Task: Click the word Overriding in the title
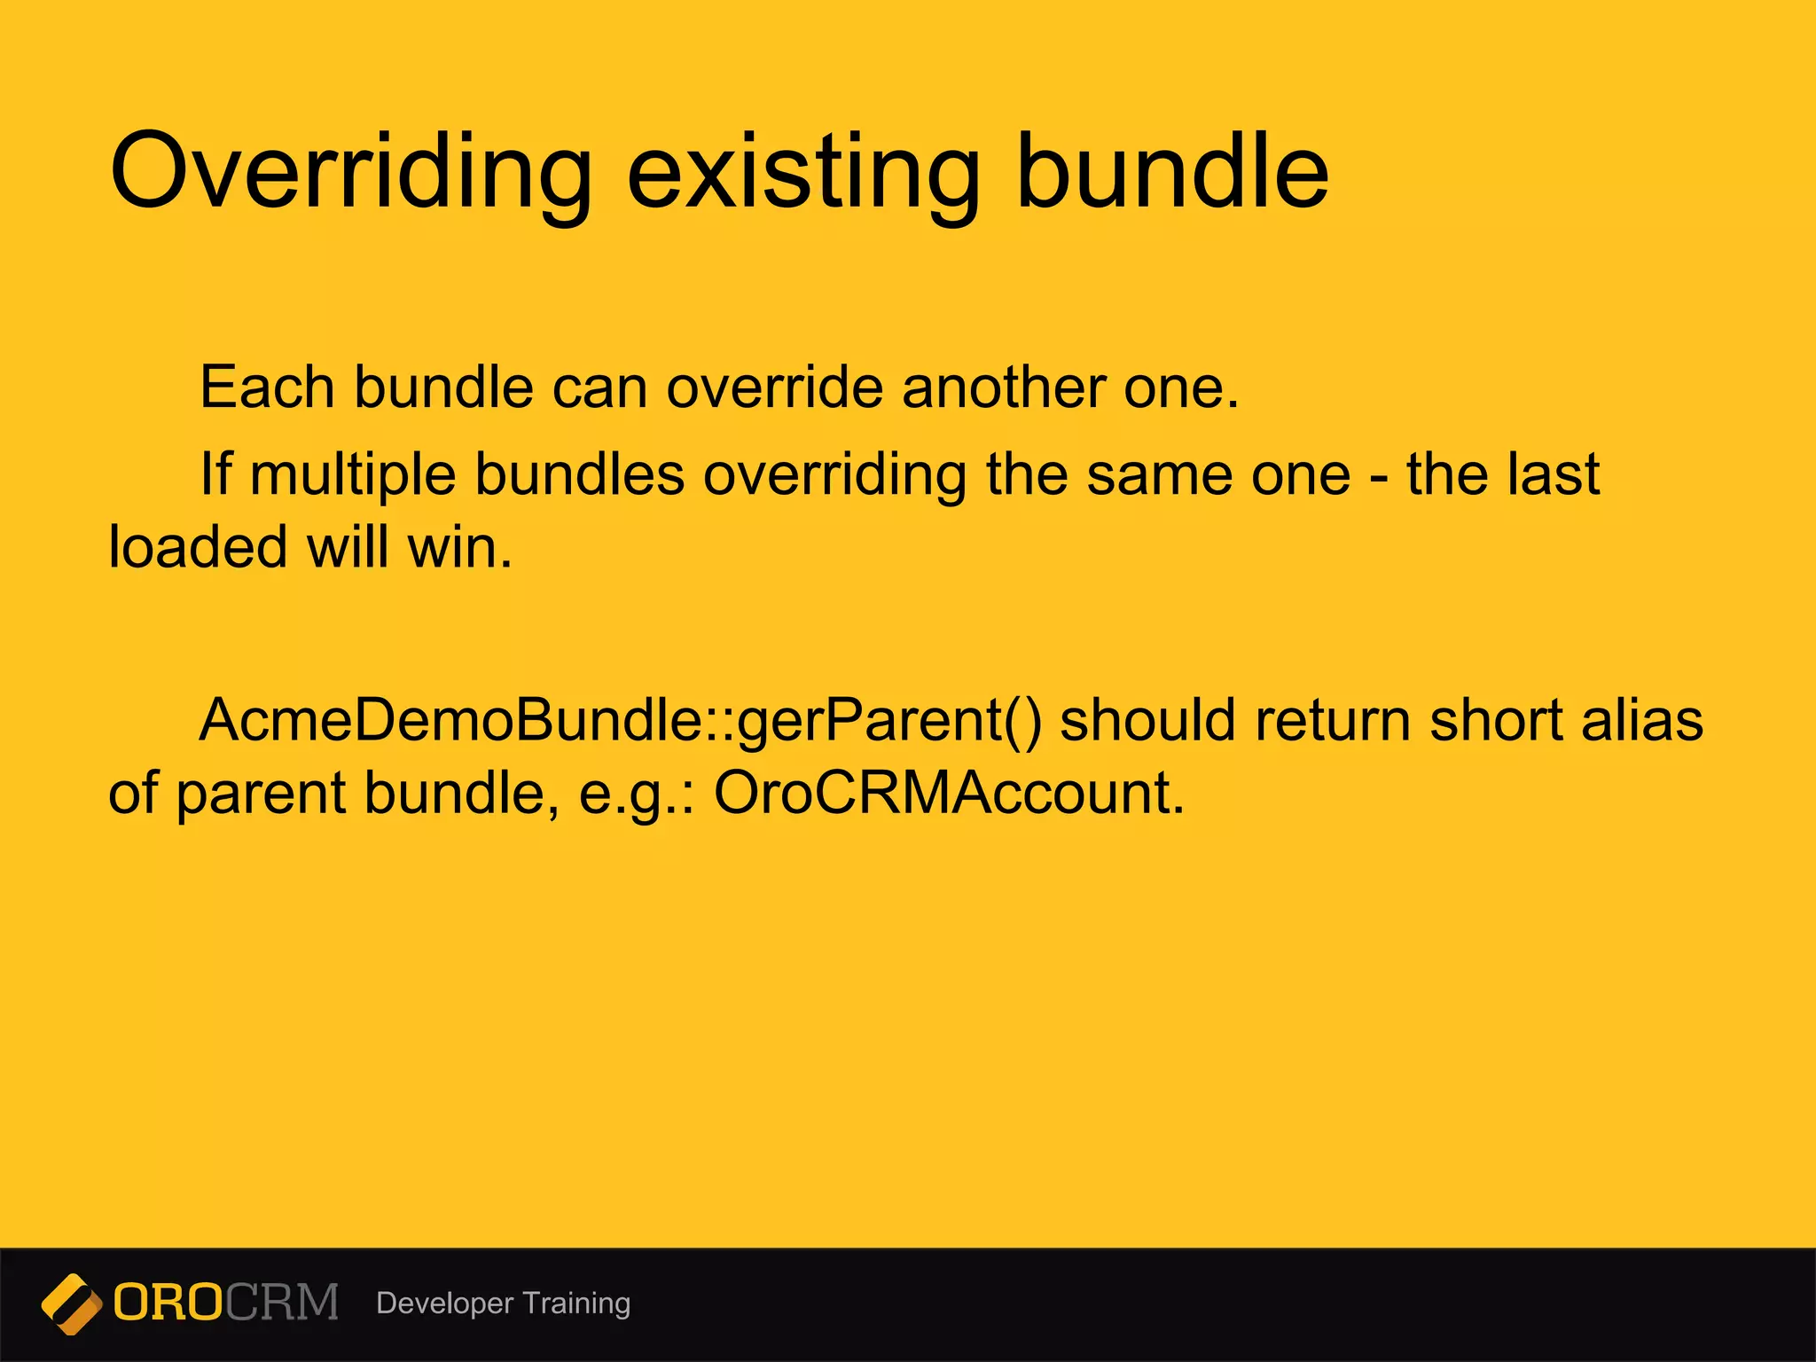(350, 173)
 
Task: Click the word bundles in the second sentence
(580, 474)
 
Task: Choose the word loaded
(197, 546)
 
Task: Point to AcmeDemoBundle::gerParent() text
(620, 721)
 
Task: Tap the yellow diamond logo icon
(72, 1303)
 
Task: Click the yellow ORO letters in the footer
(168, 1303)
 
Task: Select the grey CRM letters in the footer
(282, 1303)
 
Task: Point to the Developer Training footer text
(503, 1303)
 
